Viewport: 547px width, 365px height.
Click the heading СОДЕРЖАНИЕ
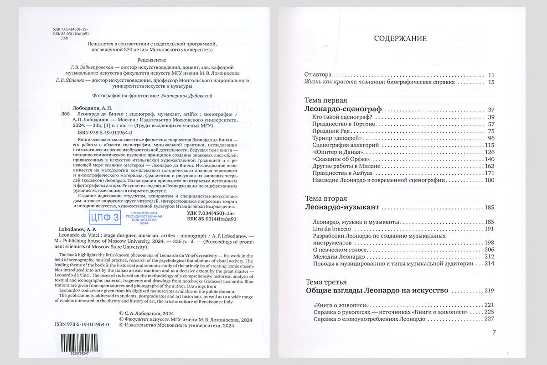coord(400,38)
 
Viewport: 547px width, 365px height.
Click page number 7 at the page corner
coord(494,332)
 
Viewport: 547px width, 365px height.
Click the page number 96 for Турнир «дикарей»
coord(490,138)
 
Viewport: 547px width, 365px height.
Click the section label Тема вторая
coord(325,198)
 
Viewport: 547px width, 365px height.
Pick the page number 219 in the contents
coord(489,291)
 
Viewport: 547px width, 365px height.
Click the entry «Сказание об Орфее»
coord(340,159)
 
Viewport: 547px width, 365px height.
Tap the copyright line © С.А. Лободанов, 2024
coord(154,313)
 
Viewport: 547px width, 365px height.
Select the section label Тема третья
coord(325,282)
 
